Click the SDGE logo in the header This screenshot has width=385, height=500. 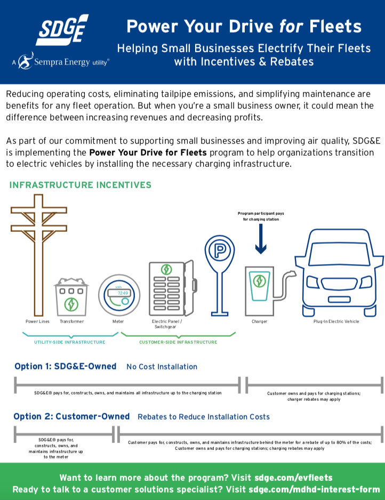click(x=62, y=30)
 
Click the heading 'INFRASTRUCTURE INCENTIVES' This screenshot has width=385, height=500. click(x=81, y=185)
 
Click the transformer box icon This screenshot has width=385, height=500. click(x=71, y=296)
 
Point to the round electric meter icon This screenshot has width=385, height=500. click(x=118, y=295)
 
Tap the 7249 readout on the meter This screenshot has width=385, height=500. click(x=123, y=293)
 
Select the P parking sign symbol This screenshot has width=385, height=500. click(x=219, y=249)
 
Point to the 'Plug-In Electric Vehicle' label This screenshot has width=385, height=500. click(x=336, y=321)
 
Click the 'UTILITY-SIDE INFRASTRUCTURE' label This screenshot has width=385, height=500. click(x=69, y=342)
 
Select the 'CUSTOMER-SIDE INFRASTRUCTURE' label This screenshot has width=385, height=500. click(x=178, y=342)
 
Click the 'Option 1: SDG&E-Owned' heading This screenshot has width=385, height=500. click(x=65, y=366)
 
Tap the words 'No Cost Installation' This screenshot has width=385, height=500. click(x=162, y=367)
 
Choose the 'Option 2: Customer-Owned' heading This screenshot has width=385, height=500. click(x=71, y=416)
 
